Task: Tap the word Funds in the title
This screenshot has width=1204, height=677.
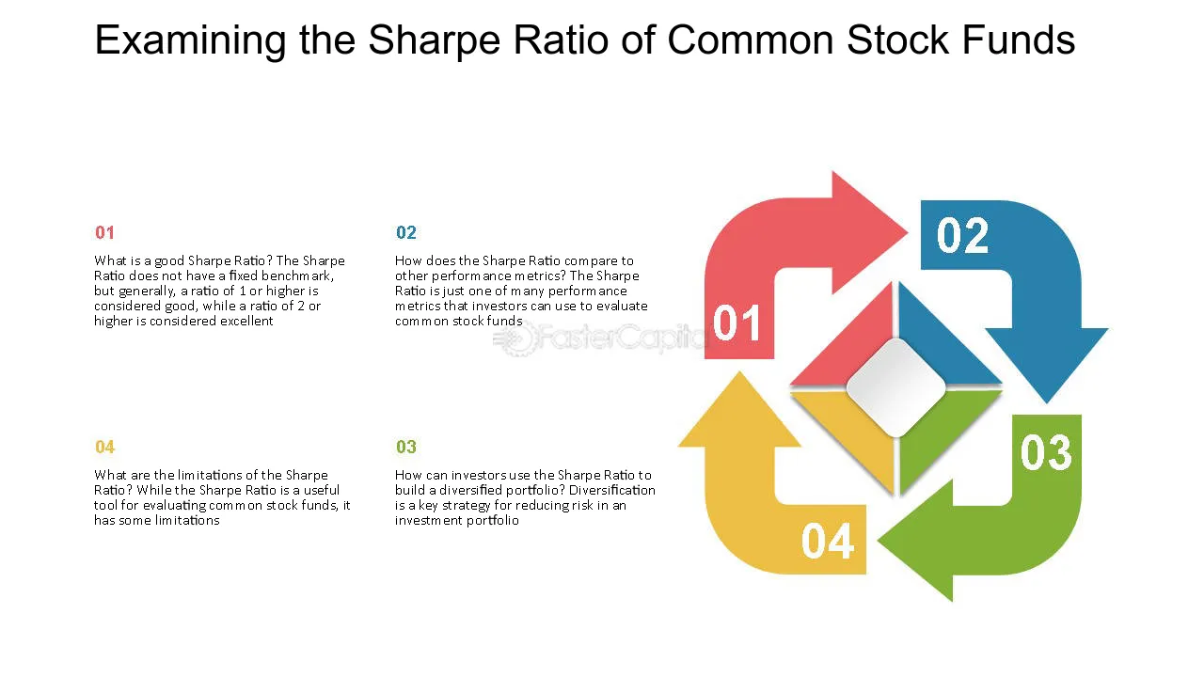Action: click(1021, 40)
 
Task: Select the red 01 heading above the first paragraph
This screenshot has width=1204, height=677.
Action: click(104, 232)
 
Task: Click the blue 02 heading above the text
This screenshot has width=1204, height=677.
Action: click(405, 232)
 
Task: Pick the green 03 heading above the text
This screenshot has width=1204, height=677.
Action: click(405, 447)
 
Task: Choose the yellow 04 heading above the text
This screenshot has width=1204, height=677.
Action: click(104, 447)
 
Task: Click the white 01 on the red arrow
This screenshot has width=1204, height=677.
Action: click(737, 323)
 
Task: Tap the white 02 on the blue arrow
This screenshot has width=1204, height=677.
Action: click(962, 235)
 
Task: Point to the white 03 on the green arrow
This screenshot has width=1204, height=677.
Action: click(1046, 452)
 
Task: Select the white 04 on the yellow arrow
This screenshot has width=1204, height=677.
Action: click(828, 542)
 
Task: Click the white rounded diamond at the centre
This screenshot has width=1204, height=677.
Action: click(896, 388)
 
